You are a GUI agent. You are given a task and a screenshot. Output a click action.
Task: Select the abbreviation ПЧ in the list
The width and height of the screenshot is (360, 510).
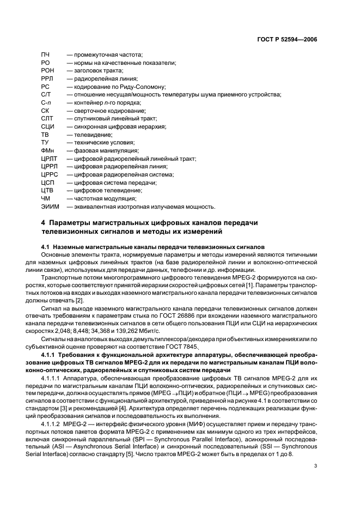point(45,55)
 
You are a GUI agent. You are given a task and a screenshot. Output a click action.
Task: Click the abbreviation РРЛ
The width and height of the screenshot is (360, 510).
point(47,79)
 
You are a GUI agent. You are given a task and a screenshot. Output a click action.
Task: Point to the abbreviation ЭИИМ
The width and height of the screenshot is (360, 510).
point(50,207)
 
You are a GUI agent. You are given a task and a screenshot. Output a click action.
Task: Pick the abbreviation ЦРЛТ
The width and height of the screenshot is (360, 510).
point(49,159)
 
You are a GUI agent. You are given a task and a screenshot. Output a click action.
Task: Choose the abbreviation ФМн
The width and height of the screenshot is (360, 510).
point(47,150)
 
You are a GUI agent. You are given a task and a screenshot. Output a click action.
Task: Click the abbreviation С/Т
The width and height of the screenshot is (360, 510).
point(46,95)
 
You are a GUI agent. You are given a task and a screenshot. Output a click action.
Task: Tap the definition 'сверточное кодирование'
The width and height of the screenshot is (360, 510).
point(102,111)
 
